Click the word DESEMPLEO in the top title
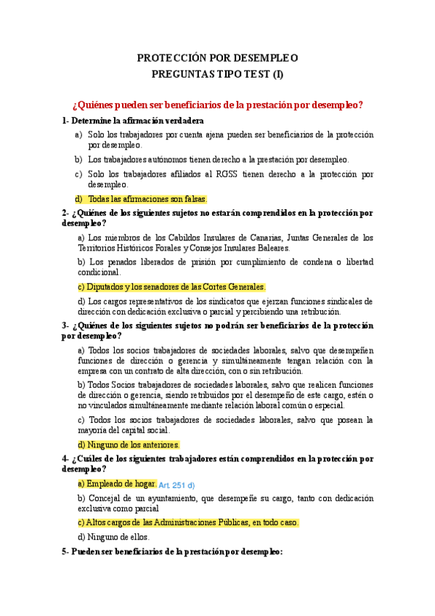(264, 58)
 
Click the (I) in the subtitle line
(277, 74)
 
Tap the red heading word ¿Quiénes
(93, 105)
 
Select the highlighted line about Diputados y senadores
(171, 287)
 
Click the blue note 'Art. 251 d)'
(176, 485)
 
